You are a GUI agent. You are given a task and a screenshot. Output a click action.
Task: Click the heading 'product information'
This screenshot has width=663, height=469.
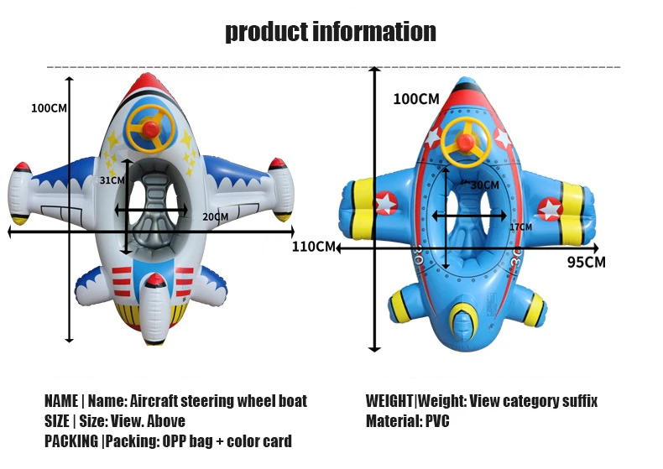331,32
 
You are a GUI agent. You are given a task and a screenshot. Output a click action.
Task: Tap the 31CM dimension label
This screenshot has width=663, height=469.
112,180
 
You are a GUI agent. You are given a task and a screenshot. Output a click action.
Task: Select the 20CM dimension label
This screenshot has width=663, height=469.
215,217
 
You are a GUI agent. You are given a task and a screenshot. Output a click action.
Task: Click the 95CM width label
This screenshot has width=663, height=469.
586,262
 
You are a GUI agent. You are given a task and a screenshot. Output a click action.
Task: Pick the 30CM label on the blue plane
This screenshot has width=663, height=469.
484,185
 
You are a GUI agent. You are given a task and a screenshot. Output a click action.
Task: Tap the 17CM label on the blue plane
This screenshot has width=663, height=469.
520,227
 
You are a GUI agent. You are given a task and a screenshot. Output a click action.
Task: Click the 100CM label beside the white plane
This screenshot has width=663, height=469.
49,107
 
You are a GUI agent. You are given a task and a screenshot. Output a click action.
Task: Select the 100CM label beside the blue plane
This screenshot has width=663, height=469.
416,99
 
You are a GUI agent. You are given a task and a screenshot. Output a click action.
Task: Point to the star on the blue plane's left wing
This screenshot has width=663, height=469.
386,202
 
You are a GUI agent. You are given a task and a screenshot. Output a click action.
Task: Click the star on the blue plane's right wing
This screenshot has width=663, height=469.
549,206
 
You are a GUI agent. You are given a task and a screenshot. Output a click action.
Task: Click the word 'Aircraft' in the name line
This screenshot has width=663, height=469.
158,401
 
